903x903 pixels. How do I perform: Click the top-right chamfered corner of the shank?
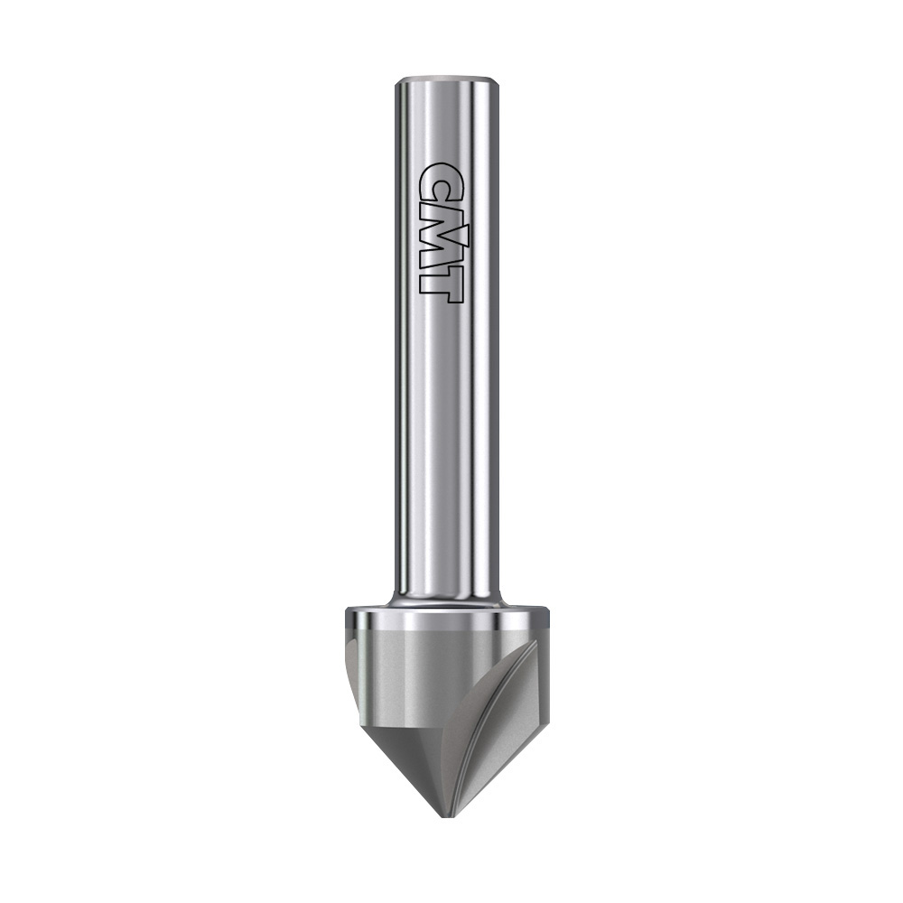pyautogui.click(x=497, y=83)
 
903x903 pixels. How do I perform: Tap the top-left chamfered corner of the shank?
pyautogui.click(x=397, y=83)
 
